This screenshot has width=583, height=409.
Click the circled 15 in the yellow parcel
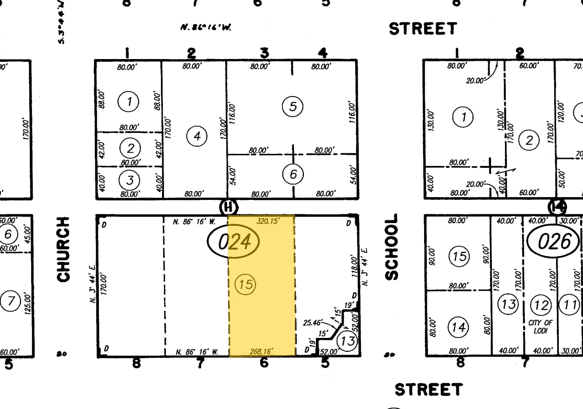click(x=246, y=284)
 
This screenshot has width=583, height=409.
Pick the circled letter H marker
click(x=229, y=207)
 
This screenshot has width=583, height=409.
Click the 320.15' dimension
click(x=269, y=222)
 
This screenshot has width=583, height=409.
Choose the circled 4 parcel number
click(x=197, y=136)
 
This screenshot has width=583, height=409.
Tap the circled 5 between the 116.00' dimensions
click(x=293, y=107)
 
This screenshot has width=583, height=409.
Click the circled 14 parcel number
click(x=459, y=327)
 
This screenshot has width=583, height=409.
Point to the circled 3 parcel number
click(x=131, y=179)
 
